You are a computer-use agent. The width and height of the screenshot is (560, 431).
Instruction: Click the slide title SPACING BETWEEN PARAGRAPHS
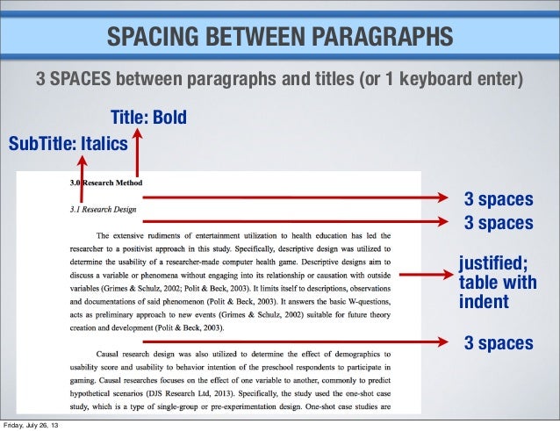(280, 37)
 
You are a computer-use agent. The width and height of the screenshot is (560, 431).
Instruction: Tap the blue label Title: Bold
(148, 118)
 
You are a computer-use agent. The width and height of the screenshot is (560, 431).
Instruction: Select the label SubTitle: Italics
(68, 142)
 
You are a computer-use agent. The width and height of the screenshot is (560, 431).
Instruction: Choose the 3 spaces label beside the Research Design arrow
(498, 223)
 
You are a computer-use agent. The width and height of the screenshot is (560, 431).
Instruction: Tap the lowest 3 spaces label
(498, 342)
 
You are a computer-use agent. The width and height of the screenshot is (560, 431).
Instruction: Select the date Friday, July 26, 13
(34, 424)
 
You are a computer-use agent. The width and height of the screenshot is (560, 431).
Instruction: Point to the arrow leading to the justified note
(421, 275)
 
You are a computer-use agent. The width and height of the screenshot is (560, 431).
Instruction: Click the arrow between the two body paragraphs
(294, 341)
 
